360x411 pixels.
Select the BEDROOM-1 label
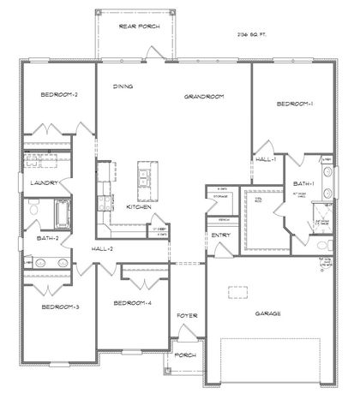click(x=294, y=104)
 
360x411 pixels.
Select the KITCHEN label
click(x=140, y=206)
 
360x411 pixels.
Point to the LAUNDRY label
click(x=42, y=183)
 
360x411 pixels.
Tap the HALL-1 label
click(x=265, y=159)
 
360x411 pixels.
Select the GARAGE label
click(x=268, y=313)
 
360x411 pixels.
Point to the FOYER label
click(x=187, y=316)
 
